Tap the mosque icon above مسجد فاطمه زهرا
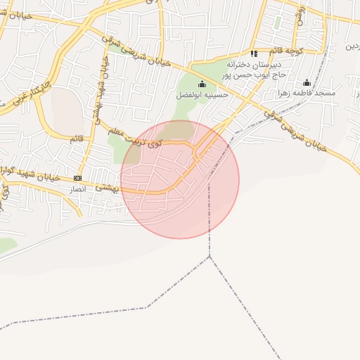point(307,83)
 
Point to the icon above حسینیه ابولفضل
point(202,84)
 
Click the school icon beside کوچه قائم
point(254,53)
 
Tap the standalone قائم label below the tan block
point(77,139)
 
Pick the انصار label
point(77,189)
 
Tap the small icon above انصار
point(77,178)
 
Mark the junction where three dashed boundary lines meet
point(210,257)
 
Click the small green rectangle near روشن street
point(278,22)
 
